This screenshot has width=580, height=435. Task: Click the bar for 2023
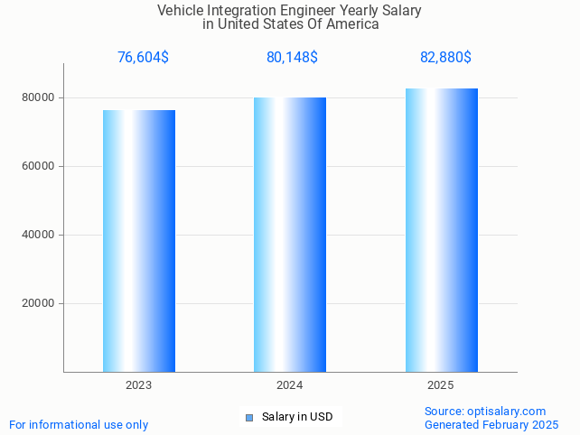[x=138, y=240]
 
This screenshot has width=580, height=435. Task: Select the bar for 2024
[x=289, y=234]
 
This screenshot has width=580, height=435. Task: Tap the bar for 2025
[x=441, y=229]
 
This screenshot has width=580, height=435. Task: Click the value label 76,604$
[x=143, y=58]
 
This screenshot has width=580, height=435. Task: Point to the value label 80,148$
[x=292, y=58]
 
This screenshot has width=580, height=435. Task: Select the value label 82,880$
[x=445, y=58]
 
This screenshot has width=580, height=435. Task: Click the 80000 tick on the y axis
[x=38, y=97]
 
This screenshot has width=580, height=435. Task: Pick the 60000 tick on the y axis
[x=38, y=166]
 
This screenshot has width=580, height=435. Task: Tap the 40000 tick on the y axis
[x=38, y=235]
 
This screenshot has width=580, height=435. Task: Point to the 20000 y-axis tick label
[x=38, y=303]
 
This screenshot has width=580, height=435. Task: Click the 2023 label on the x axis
[x=138, y=385]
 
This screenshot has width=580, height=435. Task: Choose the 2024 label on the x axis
[x=289, y=385]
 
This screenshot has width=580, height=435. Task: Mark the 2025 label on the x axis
[x=441, y=385]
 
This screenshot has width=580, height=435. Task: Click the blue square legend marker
[x=249, y=417]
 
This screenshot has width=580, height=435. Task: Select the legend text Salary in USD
[x=297, y=417]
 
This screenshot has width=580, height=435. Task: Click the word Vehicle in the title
[x=181, y=11]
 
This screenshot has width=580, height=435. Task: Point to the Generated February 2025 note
[x=491, y=425]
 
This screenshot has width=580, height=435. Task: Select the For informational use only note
[x=79, y=425]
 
